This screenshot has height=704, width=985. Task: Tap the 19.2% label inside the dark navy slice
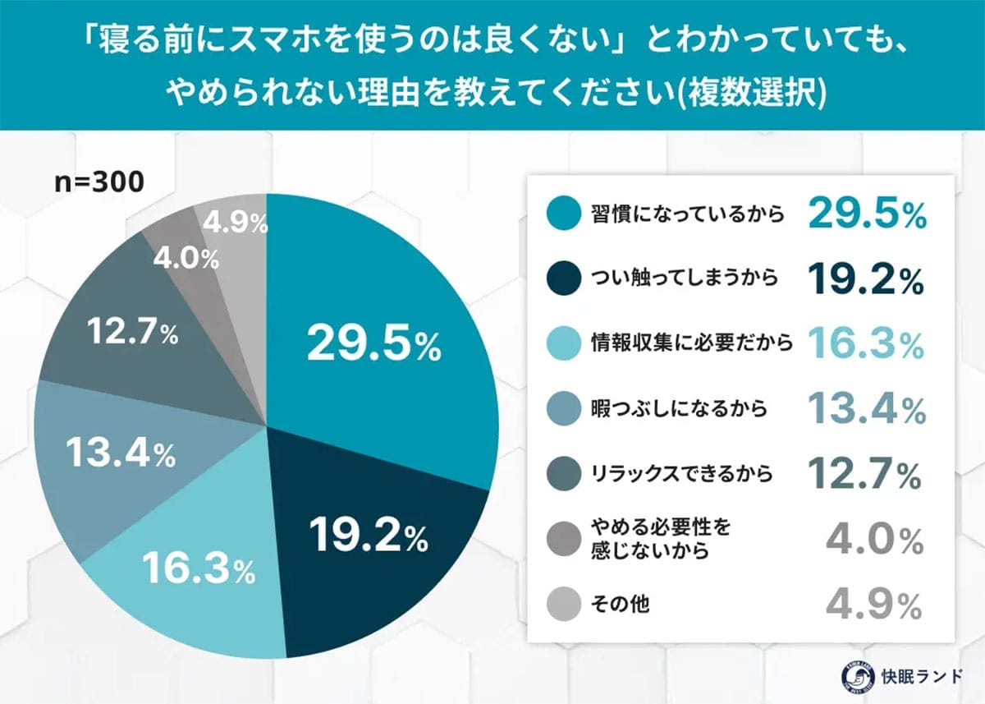tap(369, 536)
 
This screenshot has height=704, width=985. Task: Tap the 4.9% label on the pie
tap(235, 223)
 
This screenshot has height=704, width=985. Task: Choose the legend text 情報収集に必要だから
tap(691, 344)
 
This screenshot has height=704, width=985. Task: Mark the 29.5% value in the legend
tap(867, 215)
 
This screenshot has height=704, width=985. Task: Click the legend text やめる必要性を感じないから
tap(648, 540)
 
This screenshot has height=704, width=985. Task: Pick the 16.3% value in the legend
tap(867, 344)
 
